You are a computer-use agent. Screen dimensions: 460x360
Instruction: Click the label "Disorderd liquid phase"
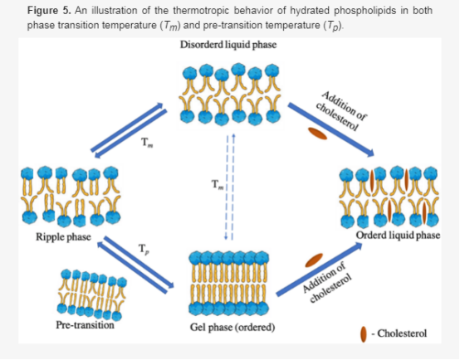[x=228, y=45]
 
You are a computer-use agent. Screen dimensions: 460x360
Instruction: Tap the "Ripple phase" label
[x=63, y=237]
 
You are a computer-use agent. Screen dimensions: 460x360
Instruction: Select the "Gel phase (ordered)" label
[x=232, y=327]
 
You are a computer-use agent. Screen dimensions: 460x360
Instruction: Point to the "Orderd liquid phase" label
[x=398, y=236]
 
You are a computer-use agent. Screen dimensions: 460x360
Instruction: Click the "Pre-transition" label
[x=85, y=325]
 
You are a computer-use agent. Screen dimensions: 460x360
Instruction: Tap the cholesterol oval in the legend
[x=364, y=334]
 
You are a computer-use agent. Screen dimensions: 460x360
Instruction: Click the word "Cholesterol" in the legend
[x=402, y=333]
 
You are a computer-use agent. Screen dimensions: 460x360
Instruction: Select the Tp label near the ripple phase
[x=144, y=249]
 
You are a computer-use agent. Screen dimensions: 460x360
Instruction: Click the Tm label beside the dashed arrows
[x=218, y=185]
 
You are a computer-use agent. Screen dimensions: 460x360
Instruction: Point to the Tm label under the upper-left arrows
[x=147, y=143]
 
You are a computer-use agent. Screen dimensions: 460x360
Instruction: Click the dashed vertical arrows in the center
[x=230, y=187]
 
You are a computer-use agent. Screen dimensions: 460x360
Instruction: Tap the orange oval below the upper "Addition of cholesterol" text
[x=317, y=134]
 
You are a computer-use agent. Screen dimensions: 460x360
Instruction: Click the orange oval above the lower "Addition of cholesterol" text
[x=314, y=260]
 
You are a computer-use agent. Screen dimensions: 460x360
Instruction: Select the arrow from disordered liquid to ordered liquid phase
[x=331, y=129]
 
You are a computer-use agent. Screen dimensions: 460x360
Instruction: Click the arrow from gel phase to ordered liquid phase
[x=319, y=269]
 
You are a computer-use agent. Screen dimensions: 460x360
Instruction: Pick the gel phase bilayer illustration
[x=229, y=284]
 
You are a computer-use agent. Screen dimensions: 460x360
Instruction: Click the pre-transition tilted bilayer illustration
[x=92, y=294]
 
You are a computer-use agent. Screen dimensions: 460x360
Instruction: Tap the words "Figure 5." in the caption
[x=49, y=11]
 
